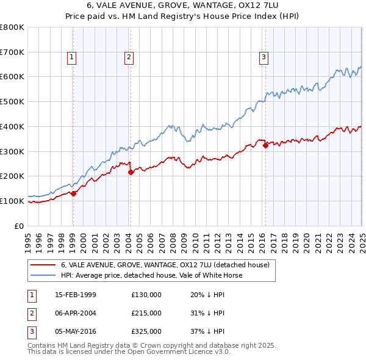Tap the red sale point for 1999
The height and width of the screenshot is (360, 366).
(73, 193)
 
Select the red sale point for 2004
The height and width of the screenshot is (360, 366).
(131, 172)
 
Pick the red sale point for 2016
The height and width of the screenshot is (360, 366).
(265, 145)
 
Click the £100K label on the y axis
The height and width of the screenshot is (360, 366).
(12, 201)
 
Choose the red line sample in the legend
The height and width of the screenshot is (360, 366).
(43, 265)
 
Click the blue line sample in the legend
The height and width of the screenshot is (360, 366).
(43, 275)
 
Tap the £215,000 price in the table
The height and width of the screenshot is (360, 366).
(146, 313)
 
